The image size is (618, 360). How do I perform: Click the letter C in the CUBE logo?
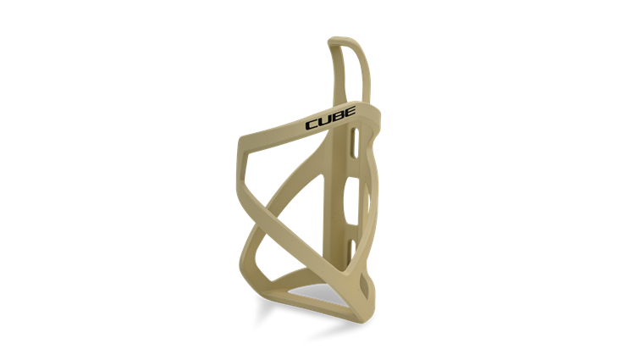[x=312, y=125]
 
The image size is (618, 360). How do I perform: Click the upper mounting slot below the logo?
[x=356, y=143]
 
